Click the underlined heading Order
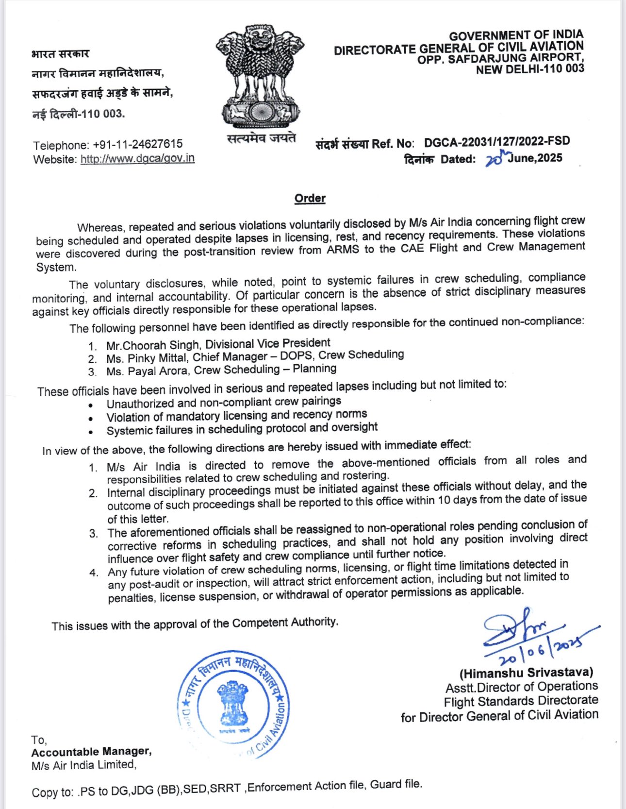pyautogui.click(x=310, y=198)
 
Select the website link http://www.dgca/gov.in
pyautogui.click(x=137, y=159)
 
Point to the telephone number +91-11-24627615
pyautogui.click(x=138, y=144)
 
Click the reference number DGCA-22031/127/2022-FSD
pyautogui.click(x=496, y=142)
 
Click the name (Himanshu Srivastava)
pyautogui.click(x=526, y=673)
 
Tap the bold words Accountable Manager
pyautogui.click(x=91, y=752)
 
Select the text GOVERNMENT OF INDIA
pyautogui.click(x=516, y=35)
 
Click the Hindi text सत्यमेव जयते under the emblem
pyautogui.click(x=261, y=138)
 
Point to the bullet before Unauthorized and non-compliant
pyautogui.click(x=90, y=404)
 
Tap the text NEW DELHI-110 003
pyautogui.click(x=530, y=69)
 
